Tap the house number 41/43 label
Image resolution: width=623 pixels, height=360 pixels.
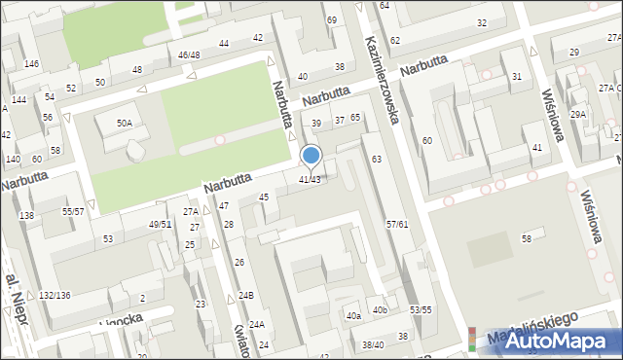coord(310,180)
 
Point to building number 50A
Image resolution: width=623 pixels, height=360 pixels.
coord(125,124)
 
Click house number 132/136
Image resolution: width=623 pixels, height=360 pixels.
coord(55,295)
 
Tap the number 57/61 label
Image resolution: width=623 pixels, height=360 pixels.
coord(396,225)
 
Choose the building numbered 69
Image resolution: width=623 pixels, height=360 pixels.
coord(332,20)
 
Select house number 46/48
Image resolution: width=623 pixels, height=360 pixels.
coord(189,55)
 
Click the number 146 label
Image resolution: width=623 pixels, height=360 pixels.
coord(32,63)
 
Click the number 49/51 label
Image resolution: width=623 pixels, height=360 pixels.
coord(160,224)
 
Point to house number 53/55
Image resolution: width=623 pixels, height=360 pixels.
coord(421,309)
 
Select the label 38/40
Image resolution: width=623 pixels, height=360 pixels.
coord(373,344)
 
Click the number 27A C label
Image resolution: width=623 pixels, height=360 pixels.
coord(609,89)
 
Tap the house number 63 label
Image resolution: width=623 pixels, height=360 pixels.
coord(376,159)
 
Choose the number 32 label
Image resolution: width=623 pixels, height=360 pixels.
coord(482,22)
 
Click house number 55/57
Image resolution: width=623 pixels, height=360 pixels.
coord(73,211)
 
